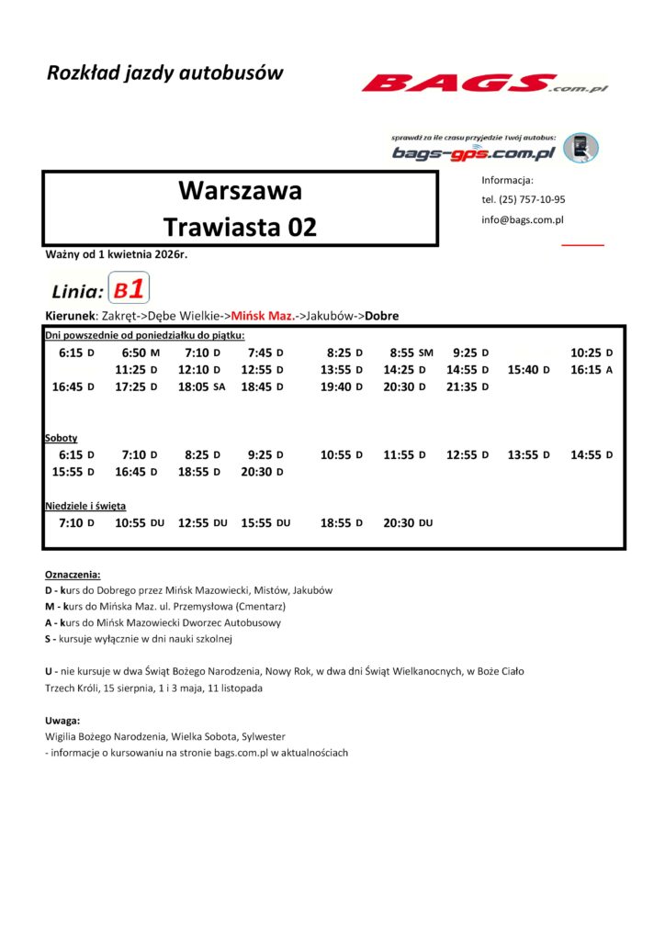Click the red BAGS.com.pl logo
483,84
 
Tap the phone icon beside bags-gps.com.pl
580,148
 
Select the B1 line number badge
129,290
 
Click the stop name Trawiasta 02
240,227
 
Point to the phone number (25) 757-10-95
523,199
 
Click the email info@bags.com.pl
522,220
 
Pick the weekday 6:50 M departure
141,352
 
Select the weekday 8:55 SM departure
411,352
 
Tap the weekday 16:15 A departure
591,369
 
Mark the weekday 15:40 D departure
528,369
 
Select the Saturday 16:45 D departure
136,472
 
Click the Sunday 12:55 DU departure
202,522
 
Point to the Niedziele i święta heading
85,506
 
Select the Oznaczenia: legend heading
73,574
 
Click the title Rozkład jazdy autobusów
165,73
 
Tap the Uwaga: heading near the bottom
62,721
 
